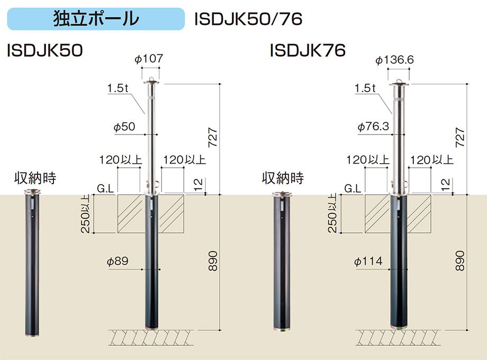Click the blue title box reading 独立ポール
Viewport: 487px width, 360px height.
(96, 19)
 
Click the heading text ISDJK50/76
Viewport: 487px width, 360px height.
(248, 19)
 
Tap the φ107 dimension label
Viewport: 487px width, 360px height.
(149, 58)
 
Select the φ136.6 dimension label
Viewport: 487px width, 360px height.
(394, 60)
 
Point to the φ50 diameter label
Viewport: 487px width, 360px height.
(124, 127)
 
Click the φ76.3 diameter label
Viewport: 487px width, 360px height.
(373, 127)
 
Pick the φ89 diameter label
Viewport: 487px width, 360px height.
(118, 261)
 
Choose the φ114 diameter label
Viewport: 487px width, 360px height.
(368, 261)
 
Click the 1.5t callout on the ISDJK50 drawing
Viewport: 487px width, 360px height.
(118, 88)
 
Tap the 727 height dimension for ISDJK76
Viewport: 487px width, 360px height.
(459, 137)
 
